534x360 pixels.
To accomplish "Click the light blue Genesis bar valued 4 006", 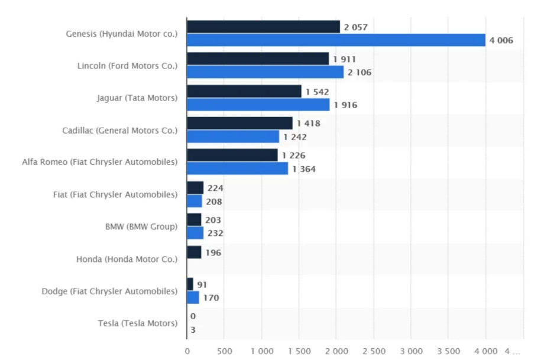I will tap(336, 40).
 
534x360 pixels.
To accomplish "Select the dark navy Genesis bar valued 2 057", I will tap(263, 27).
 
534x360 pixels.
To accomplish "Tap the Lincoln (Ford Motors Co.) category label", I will tap(127, 66).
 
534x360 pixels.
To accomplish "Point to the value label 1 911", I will tap(344, 60).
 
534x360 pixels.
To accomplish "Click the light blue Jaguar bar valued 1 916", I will tap(258, 105).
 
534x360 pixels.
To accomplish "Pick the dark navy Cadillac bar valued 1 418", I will tap(240, 123).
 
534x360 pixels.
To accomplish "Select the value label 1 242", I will tap(295, 137).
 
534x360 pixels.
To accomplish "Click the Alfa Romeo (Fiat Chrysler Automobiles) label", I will tap(99, 161).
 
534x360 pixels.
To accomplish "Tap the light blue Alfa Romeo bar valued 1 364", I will tap(237, 168).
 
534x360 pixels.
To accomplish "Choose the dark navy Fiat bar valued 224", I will tap(195, 187).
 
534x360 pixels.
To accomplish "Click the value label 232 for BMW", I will tap(215, 233).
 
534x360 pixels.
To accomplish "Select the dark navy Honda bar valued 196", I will tap(194, 252).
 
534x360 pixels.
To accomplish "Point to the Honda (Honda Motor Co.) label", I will tap(127, 259).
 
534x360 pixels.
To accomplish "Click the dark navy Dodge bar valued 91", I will tap(190, 284).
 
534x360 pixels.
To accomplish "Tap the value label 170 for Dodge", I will tap(211, 297).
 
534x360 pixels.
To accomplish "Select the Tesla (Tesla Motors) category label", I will tap(137, 323).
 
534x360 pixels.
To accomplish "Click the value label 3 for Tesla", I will tap(193, 329).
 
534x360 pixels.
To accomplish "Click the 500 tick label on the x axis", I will tap(224, 351).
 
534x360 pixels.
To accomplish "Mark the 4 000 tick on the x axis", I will tap(486, 351).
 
